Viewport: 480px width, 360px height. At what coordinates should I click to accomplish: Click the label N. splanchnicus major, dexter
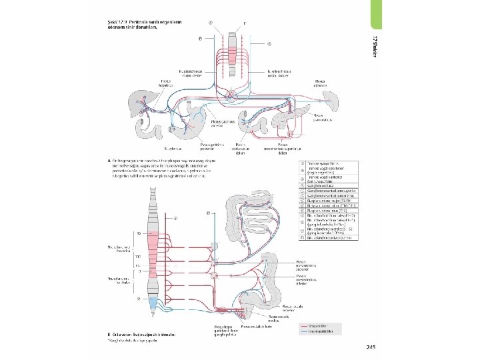[x=191, y=71]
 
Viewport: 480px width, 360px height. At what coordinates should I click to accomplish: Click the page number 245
[x=371, y=347]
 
